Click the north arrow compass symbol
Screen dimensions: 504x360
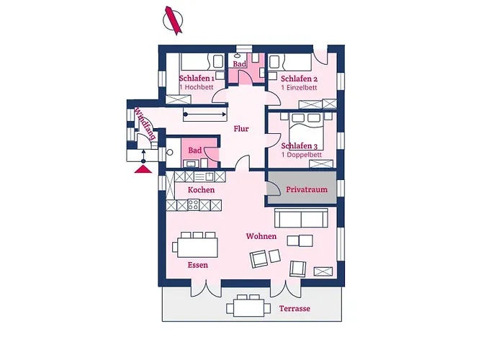click(173, 20)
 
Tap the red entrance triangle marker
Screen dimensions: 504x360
click(143, 169)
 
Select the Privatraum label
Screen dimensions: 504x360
click(307, 189)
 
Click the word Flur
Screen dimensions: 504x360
click(241, 129)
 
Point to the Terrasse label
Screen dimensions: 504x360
click(294, 309)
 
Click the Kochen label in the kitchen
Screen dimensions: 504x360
click(201, 190)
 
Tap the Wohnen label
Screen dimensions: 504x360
click(261, 236)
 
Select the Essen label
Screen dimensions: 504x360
click(198, 265)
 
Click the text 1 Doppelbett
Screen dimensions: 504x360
click(302, 155)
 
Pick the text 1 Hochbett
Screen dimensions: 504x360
click(197, 87)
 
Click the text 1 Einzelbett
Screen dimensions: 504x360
click(299, 87)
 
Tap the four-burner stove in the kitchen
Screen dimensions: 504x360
click(193, 205)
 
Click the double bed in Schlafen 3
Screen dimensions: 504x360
click(306, 127)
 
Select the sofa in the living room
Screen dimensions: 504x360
click(301, 218)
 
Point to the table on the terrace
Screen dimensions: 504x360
click(249, 308)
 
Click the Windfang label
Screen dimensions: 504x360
click(145, 123)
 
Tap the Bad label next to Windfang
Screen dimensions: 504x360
click(195, 150)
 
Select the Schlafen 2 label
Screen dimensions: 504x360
click(300, 78)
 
